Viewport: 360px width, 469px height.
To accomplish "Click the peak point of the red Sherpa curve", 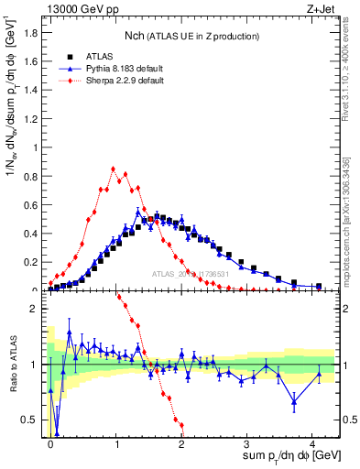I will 113,169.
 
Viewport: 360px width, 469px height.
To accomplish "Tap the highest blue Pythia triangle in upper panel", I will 138,212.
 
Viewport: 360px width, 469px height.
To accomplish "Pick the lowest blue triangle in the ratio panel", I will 57,434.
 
